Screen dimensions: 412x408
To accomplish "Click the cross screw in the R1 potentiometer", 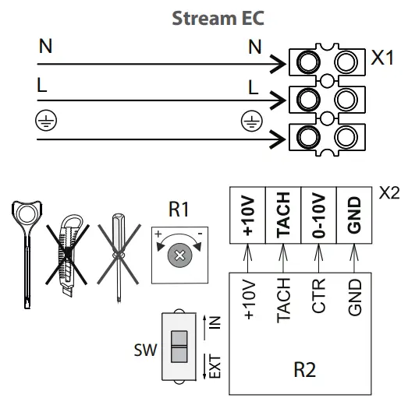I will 180,255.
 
